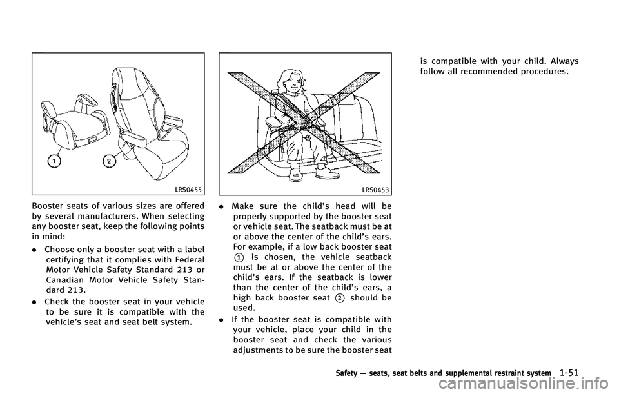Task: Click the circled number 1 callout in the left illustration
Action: point(54,161)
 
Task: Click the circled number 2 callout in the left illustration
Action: point(109,161)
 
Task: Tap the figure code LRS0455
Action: point(188,190)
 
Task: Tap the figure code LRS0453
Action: point(375,190)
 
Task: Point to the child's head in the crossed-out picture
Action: point(293,81)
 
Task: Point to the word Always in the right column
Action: point(565,62)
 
